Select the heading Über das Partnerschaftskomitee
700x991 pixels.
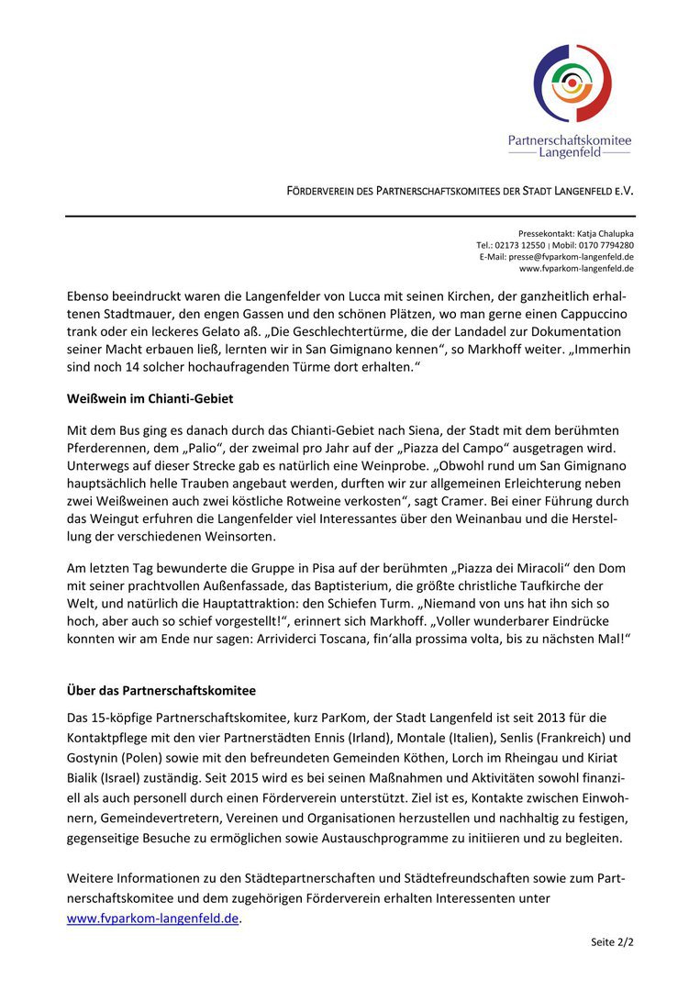pyautogui.click(x=161, y=689)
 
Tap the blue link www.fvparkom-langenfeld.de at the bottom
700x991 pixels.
pyautogui.click(x=152, y=918)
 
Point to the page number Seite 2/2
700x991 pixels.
pyautogui.click(x=612, y=942)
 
